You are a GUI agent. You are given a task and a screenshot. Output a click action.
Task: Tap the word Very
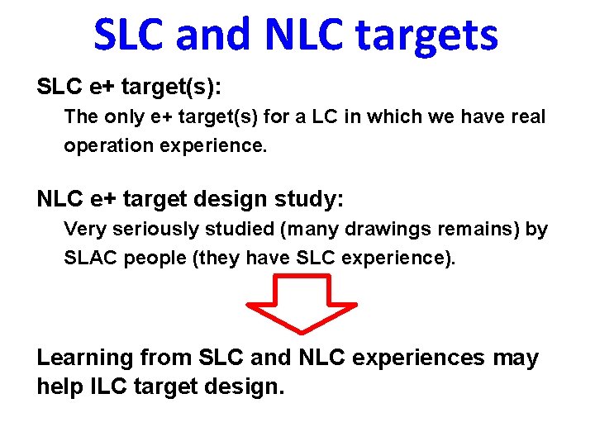[x=84, y=229]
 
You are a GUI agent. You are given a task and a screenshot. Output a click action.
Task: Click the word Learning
[x=85, y=358]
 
